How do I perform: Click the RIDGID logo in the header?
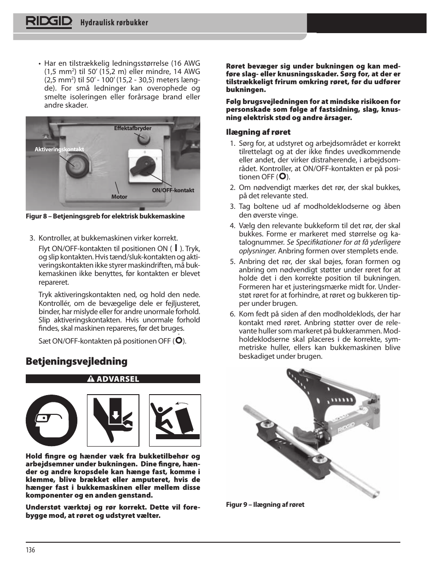click(49, 22)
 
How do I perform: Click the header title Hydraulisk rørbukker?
click(115, 23)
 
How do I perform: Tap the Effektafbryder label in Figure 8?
click(133, 129)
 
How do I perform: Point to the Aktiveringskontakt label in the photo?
click(59, 149)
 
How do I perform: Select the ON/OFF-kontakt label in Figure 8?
click(173, 190)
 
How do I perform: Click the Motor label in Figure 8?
click(119, 196)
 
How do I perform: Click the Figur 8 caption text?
click(105, 216)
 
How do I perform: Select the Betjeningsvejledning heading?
click(77, 361)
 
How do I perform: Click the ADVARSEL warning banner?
click(113, 379)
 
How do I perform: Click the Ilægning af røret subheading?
click(258, 132)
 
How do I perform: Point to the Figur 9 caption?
click(265, 505)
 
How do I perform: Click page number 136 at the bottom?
click(30, 551)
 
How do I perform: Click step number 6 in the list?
click(232, 314)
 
